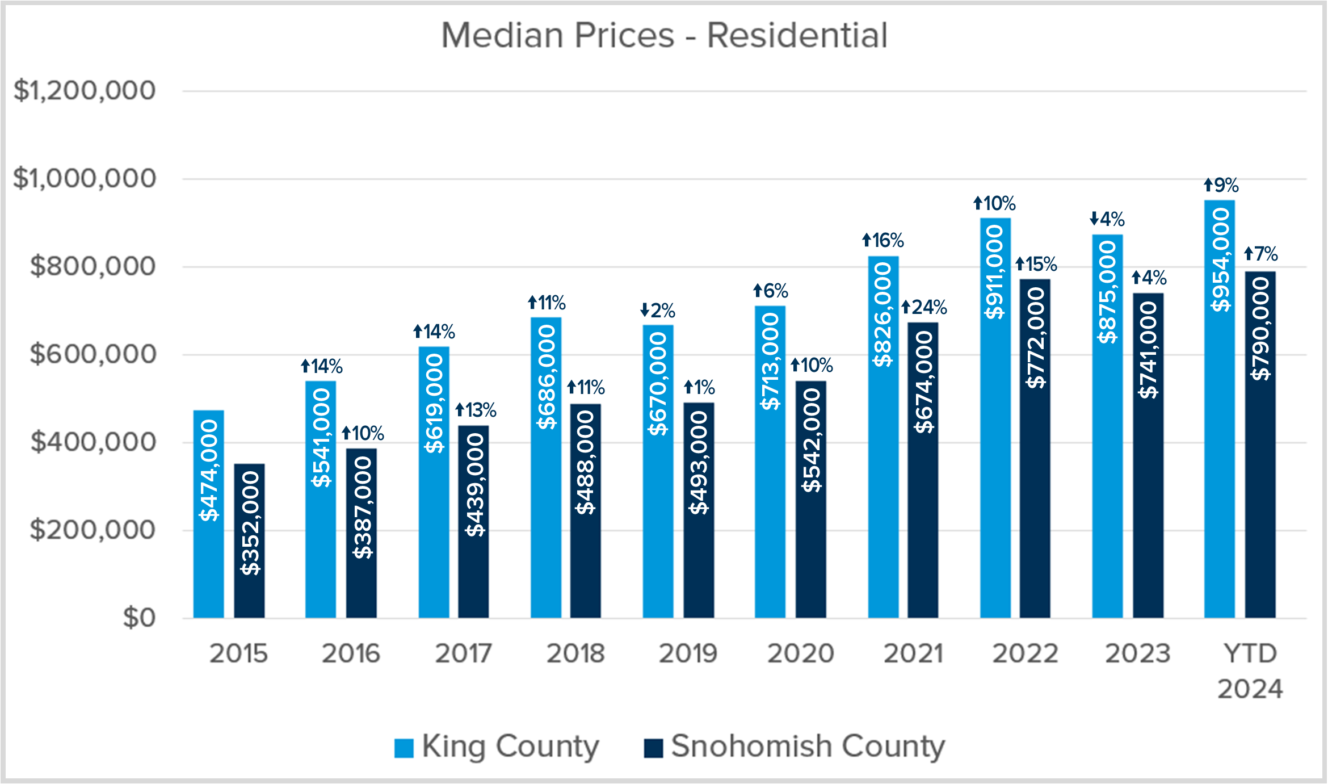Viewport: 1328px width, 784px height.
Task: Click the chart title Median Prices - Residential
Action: point(664,35)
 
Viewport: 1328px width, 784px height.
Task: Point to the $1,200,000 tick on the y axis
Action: point(84,90)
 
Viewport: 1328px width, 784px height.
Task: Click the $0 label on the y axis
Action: point(139,618)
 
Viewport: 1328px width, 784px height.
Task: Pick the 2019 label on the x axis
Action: point(688,653)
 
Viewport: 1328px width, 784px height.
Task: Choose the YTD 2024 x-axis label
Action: point(1250,671)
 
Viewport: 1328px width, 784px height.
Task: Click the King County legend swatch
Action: point(404,748)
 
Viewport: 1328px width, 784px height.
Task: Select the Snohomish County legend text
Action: point(808,746)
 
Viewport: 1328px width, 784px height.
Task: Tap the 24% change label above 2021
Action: point(924,308)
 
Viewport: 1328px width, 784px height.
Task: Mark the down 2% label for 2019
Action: point(658,311)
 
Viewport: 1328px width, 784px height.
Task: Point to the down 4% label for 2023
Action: point(1107,219)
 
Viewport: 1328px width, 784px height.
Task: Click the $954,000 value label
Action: point(1220,260)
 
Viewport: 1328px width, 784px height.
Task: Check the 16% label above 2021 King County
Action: point(883,241)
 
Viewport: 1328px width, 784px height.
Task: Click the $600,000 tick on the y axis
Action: point(93,354)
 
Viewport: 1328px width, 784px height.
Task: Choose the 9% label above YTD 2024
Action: point(1221,185)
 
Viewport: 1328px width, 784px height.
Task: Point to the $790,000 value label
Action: point(1261,329)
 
